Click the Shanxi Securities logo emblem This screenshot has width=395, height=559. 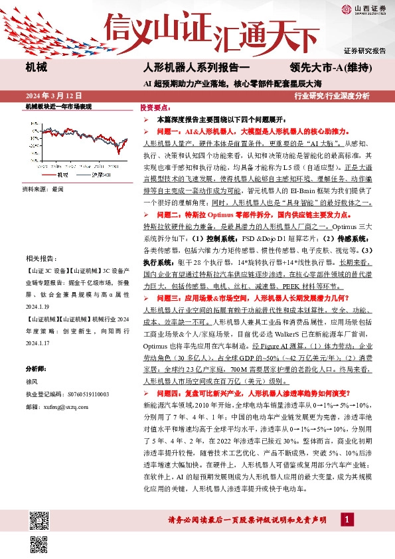point(347,9)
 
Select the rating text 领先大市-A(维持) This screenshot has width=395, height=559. point(331,68)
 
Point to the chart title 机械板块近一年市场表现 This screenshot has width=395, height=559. point(57,106)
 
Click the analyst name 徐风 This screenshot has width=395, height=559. point(32,382)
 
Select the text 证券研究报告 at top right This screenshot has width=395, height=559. point(365,51)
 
